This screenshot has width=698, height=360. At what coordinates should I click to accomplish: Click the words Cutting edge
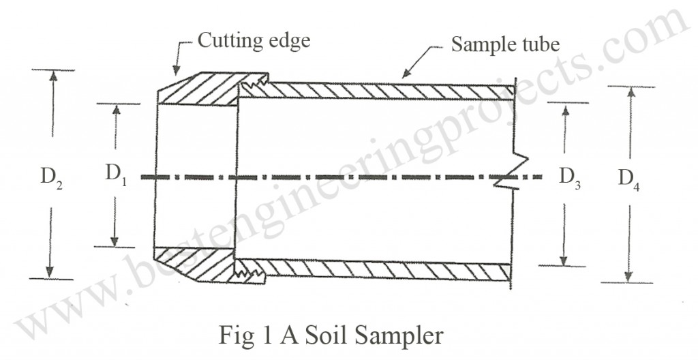254,40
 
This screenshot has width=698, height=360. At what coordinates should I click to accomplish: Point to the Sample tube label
505,45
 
